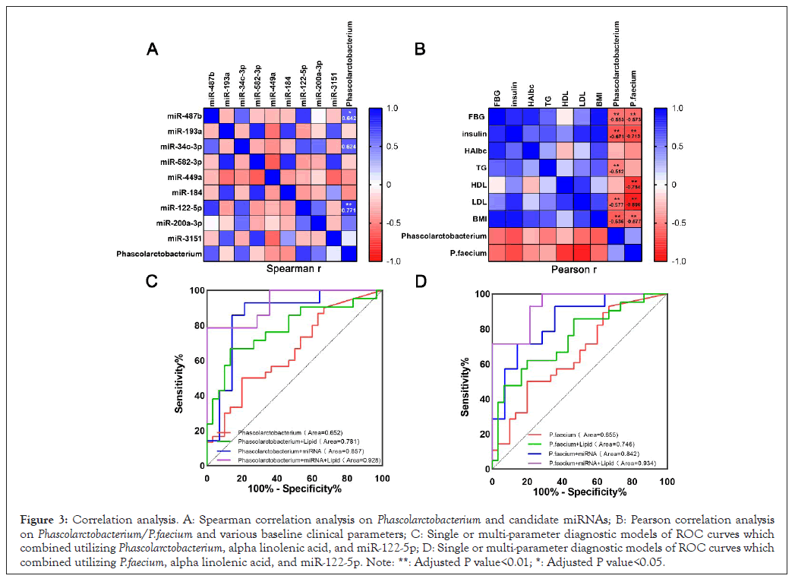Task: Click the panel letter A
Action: (x=153, y=49)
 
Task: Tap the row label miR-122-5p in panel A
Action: (x=179, y=207)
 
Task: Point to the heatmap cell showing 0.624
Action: (x=349, y=147)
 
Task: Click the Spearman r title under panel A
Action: (x=286, y=268)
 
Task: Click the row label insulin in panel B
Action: (x=469, y=134)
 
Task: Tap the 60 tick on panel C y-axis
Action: (x=197, y=360)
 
